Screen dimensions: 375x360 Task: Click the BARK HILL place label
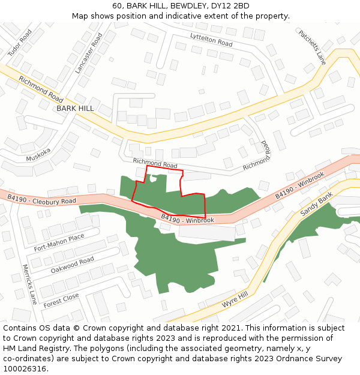click(x=75, y=108)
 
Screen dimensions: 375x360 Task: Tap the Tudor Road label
click(x=19, y=43)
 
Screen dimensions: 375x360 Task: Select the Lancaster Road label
click(x=88, y=53)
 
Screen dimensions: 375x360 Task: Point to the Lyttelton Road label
click(x=211, y=40)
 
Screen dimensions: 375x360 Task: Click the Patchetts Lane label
click(x=312, y=47)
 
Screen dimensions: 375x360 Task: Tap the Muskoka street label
click(x=38, y=155)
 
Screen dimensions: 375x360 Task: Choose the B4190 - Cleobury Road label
click(x=41, y=199)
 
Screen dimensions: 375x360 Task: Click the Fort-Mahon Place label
click(x=59, y=242)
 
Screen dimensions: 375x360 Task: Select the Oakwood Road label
click(x=72, y=265)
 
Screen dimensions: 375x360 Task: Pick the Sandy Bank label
click(x=316, y=205)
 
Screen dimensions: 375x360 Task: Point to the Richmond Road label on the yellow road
click(x=41, y=88)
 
